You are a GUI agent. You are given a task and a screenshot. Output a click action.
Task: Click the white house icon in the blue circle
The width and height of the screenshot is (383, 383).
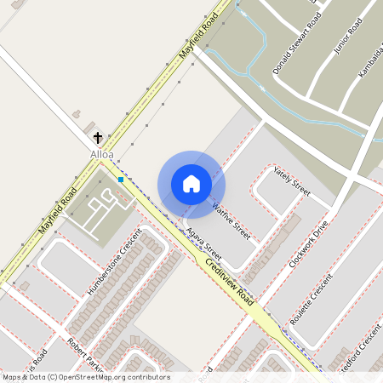191,183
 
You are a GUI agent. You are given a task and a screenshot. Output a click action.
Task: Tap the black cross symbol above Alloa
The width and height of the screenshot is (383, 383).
98,137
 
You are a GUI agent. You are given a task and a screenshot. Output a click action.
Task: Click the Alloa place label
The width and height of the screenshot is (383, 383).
101,154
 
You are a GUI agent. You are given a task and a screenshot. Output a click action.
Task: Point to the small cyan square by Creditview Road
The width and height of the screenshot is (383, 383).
122,180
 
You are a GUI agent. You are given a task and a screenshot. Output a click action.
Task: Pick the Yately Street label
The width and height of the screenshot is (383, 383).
292,180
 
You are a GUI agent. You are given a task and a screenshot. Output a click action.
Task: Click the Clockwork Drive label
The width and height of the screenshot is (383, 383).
307,246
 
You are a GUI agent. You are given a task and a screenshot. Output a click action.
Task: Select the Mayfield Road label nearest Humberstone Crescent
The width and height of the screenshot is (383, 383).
57,210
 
